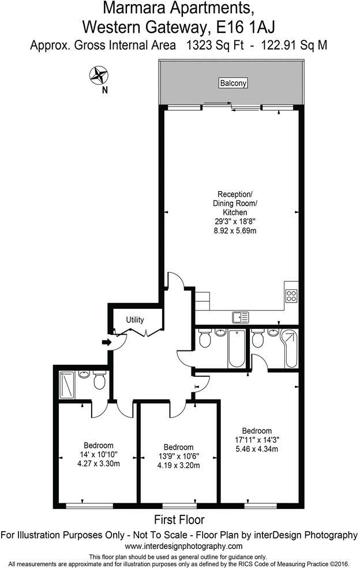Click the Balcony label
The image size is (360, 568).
[233, 83]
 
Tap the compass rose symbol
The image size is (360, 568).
[98, 74]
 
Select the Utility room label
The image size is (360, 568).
[135, 320]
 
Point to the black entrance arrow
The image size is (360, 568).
[107, 343]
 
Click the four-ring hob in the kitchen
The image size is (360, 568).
[291, 296]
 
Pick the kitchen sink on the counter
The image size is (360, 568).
[241, 316]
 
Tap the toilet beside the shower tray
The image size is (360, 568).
[99, 382]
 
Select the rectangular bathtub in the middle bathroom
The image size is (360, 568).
[237, 349]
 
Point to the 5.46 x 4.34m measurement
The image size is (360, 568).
[257, 449]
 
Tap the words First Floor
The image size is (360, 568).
[179, 520]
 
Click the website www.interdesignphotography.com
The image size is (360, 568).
[183, 546]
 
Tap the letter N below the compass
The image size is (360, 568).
[104, 89]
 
